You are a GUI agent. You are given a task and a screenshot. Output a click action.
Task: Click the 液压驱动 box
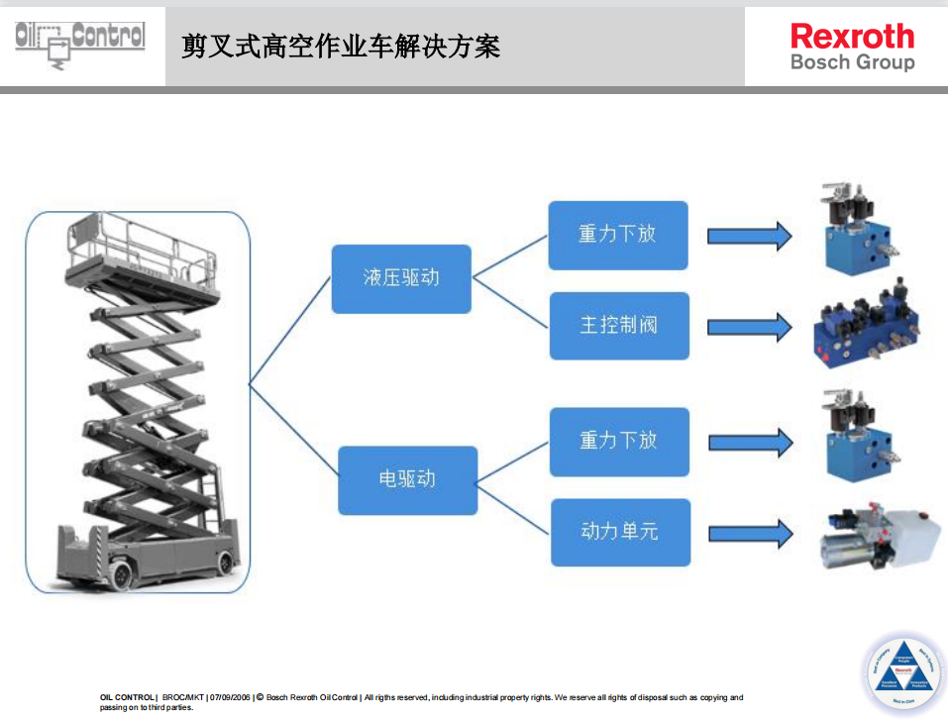400,278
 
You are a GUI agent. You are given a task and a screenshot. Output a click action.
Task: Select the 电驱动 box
407,480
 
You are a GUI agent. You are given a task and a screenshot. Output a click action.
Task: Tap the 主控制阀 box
619,325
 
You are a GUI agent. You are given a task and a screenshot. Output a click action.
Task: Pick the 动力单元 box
619,532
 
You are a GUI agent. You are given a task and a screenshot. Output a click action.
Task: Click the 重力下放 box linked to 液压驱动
617,235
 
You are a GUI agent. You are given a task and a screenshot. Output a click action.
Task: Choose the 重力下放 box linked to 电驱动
619,441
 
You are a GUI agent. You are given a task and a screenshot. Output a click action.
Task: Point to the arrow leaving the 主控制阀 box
749,326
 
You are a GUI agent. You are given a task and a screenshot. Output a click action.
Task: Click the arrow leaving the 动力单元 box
750,533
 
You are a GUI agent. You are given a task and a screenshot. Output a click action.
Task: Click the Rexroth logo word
852,37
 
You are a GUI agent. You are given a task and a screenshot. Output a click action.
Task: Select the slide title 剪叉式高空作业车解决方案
341,46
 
